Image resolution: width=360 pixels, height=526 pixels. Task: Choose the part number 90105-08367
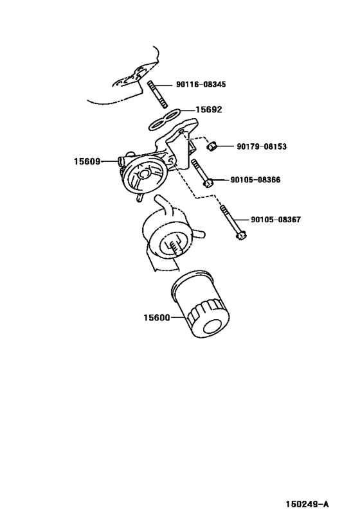tap(276, 220)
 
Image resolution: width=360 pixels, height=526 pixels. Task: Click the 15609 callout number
tap(85, 161)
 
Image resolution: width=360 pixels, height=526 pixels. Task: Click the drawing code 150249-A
tap(307, 504)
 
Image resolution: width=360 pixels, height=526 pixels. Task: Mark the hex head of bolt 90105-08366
tap(207, 184)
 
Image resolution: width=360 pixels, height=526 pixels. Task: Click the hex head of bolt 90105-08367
tap(241, 236)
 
